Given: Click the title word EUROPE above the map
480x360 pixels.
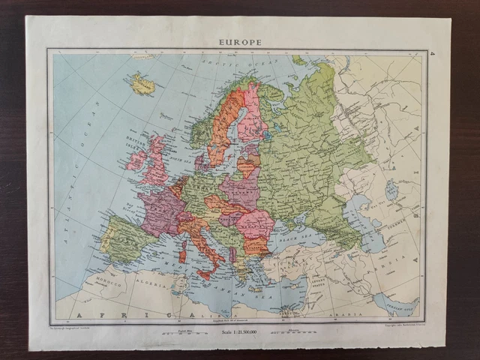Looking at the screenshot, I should tap(240, 42).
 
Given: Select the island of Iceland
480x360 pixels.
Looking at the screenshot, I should tap(142, 83).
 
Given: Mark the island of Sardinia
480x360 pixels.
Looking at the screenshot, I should tap(183, 251).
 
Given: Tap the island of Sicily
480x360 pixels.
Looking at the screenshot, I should tap(205, 274).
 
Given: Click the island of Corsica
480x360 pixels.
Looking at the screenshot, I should tap(184, 235).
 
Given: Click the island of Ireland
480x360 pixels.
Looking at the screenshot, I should tap(137, 160).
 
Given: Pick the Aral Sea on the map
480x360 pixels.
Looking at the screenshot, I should tap(391, 190).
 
